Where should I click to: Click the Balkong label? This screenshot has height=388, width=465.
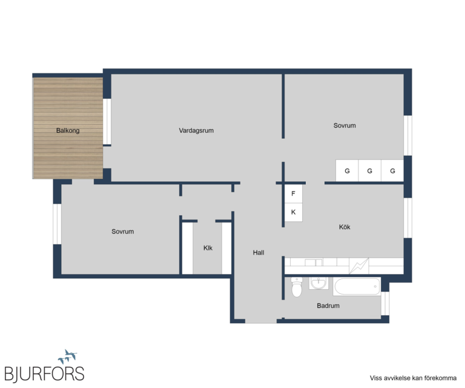68,130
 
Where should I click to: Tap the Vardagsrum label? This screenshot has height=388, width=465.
196,130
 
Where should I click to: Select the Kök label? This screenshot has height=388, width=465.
345,227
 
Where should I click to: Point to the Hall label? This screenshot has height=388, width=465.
259,253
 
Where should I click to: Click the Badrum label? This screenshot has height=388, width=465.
328,306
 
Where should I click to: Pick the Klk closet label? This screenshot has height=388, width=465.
208,248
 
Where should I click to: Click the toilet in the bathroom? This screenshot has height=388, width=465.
297,287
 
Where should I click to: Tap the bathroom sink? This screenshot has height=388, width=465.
319,283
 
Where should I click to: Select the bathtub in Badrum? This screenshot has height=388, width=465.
357,287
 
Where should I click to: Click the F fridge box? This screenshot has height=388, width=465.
294,194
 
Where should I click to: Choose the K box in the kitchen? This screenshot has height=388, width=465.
294,212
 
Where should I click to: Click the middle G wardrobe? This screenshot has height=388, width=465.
370,171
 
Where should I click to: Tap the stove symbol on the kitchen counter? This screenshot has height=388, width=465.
359,266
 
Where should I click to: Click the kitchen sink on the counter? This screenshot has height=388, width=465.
314,263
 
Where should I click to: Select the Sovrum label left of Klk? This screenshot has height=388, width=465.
123,232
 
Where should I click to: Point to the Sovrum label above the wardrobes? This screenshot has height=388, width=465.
345,125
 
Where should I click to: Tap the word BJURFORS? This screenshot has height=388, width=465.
44,373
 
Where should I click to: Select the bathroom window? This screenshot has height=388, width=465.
385,303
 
